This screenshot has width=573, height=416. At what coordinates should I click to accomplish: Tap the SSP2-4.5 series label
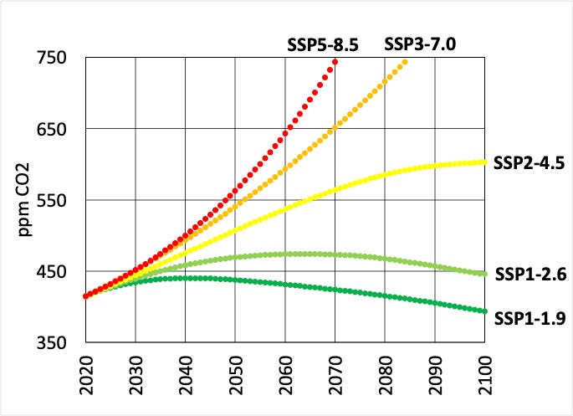[527, 163]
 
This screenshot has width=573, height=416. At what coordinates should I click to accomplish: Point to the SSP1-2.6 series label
[530, 274]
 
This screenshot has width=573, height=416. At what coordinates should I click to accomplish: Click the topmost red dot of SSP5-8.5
[335, 62]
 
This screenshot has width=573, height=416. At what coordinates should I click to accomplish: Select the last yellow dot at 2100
[484, 162]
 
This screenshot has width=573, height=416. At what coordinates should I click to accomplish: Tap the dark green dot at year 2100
[484, 311]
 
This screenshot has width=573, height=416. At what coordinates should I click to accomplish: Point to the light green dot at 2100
[484, 274]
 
